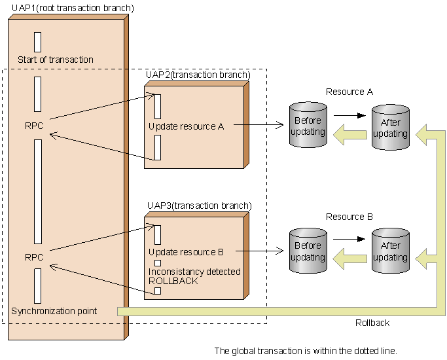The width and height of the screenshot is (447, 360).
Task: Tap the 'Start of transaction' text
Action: tap(56, 60)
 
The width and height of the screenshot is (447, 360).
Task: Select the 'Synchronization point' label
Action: tap(54, 311)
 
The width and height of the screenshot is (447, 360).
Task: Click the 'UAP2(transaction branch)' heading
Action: tap(198, 75)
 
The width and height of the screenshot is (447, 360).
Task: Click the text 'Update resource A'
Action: tap(187, 126)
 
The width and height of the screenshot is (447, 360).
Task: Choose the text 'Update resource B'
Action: tap(187, 252)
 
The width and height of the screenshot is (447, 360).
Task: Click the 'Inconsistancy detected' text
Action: tap(194, 271)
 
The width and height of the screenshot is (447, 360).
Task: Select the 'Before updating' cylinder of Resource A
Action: tap(308, 126)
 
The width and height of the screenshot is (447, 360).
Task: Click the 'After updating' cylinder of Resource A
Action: tap(391, 128)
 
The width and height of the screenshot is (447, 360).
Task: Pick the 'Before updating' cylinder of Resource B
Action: tap(308, 251)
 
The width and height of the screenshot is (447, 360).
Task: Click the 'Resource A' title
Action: tap(349, 92)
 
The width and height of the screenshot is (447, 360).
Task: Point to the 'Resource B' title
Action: tap(349, 217)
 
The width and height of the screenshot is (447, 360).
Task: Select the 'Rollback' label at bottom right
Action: tap(372, 323)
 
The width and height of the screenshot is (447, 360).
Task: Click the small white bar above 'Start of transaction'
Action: tap(37, 41)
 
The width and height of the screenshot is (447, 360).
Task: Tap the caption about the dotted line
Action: tap(306, 351)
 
